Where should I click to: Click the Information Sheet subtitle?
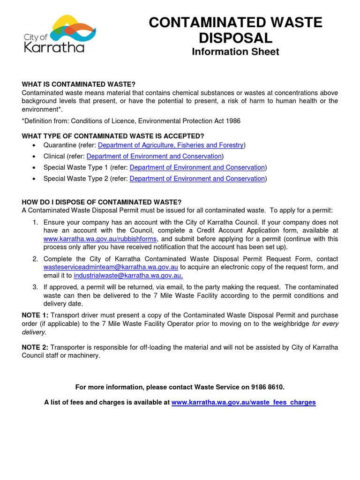click(235, 52)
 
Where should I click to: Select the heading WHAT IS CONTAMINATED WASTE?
click(78, 84)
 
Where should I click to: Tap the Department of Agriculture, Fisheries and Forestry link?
click(171, 145)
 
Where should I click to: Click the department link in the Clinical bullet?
click(154, 157)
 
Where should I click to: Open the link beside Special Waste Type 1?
click(197, 168)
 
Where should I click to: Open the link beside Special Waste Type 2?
click(197, 179)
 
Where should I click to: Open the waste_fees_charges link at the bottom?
click(244, 403)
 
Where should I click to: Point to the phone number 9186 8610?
click(267, 387)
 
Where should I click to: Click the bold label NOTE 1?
click(35, 315)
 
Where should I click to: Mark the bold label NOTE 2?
click(35, 347)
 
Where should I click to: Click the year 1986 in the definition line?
click(232, 121)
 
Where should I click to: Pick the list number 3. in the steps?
click(36, 287)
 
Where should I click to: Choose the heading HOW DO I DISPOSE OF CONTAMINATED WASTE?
click(101, 202)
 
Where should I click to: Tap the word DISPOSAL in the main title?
click(235, 37)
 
